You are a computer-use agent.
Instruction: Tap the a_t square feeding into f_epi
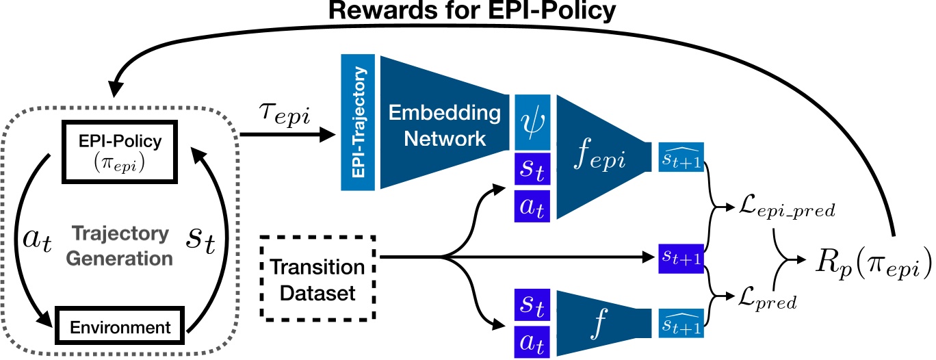tap(532, 206)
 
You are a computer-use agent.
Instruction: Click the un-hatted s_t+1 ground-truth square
tap(679, 257)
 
